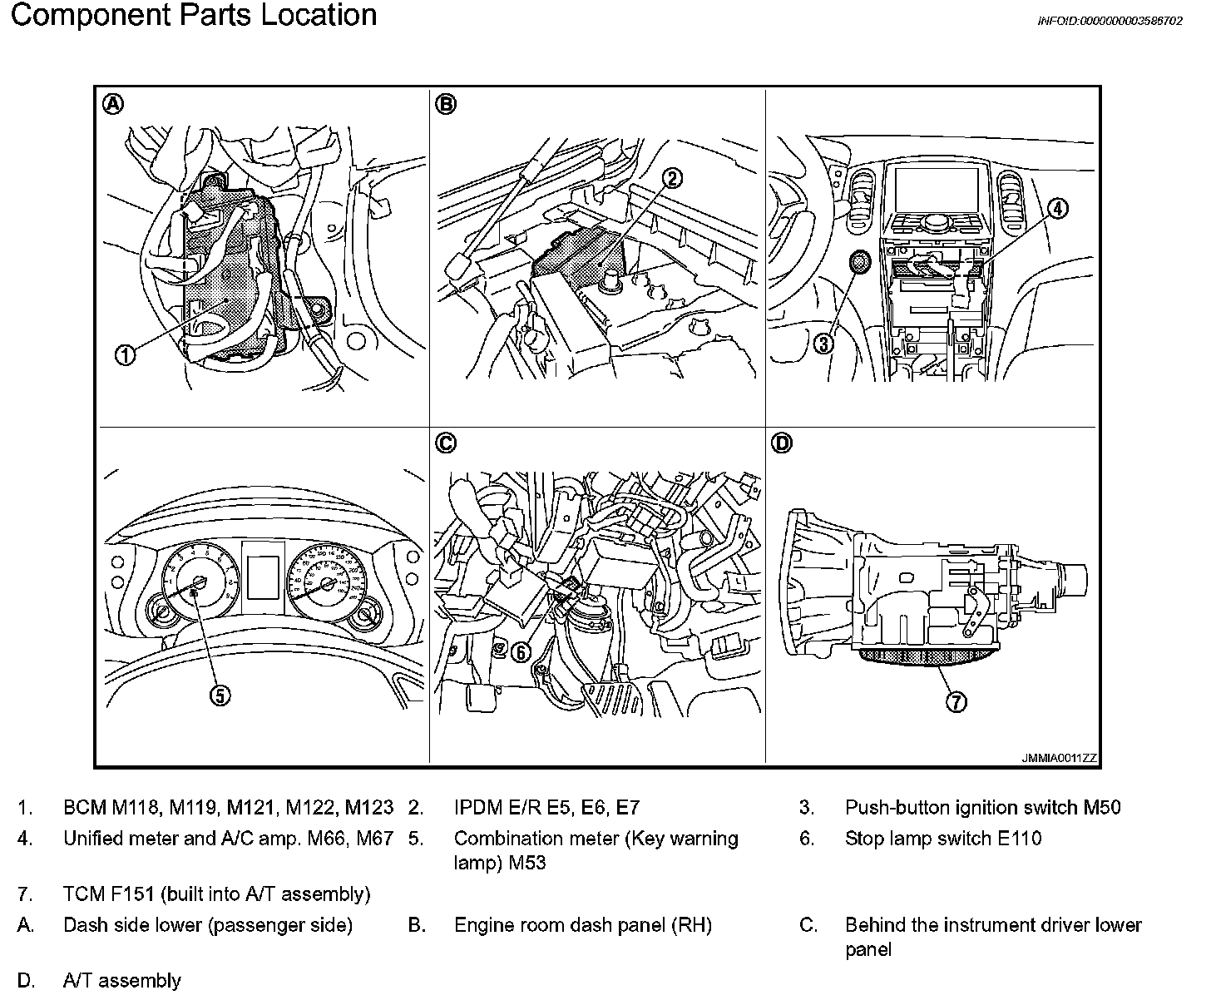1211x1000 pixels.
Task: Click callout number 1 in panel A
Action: coord(125,355)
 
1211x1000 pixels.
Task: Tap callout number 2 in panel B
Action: coord(672,177)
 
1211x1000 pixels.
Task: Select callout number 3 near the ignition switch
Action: coord(823,342)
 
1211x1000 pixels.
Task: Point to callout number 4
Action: coord(1056,209)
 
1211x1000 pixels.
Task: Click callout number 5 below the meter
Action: coord(220,696)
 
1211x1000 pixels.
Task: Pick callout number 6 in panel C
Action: coord(520,653)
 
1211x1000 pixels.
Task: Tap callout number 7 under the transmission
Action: coord(956,703)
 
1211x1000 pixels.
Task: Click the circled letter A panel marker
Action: coord(113,104)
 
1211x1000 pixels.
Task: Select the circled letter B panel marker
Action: coord(446,104)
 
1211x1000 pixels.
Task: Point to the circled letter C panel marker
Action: coord(446,443)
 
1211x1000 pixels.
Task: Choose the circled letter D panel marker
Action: coord(782,443)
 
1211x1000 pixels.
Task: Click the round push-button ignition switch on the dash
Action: coord(859,264)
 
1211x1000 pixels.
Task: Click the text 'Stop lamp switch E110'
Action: coord(943,839)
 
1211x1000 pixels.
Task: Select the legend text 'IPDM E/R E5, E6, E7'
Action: coord(546,807)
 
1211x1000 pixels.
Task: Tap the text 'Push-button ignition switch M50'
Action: coord(982,807)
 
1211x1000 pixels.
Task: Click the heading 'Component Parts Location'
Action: coord(193,16)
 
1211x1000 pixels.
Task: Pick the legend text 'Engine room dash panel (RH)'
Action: coord(582,925)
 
